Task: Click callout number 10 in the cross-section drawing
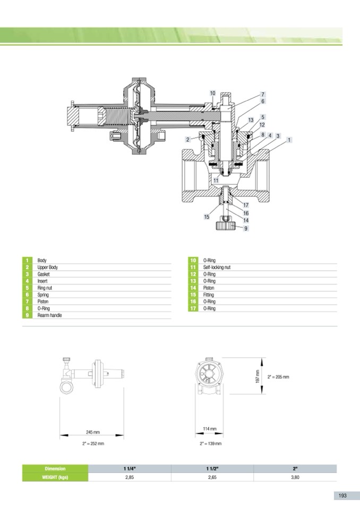pos(212,93)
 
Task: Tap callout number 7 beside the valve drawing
pos(263,94)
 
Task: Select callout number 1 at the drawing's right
pos(289,140)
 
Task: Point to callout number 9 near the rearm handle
pos(246,229)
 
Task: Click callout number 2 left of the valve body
pos(187,140)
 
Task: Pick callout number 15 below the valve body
pos(207,217)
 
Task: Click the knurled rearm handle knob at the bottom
pos(227,225)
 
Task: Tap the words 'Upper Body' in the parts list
pos(47,267)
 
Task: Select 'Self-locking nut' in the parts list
pos(217,267)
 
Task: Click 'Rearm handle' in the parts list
pos(49,315)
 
